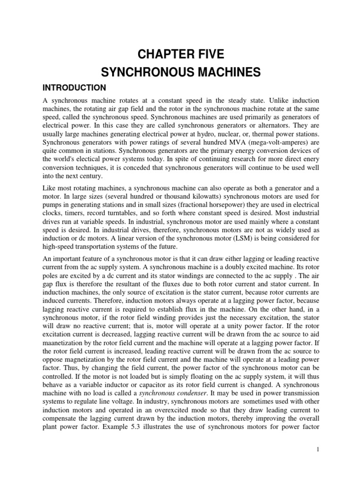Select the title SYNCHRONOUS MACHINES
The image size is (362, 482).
pos(181,72)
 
